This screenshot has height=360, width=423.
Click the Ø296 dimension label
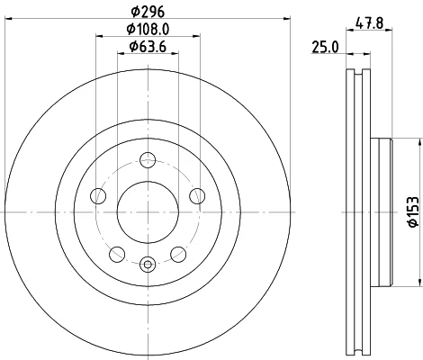(148, 12)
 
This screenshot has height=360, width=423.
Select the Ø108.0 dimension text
(148, 29)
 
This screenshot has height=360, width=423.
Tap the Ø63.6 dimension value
(148, 46)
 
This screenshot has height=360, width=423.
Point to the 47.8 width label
(369, 22)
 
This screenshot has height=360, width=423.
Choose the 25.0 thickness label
(325, 47)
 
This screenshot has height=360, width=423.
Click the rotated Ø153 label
(413, 211)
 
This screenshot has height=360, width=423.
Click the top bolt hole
(148, 159)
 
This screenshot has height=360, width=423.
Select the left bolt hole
(98, 195)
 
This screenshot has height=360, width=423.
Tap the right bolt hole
(197, 195)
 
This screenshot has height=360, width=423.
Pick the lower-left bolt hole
(117, 255)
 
